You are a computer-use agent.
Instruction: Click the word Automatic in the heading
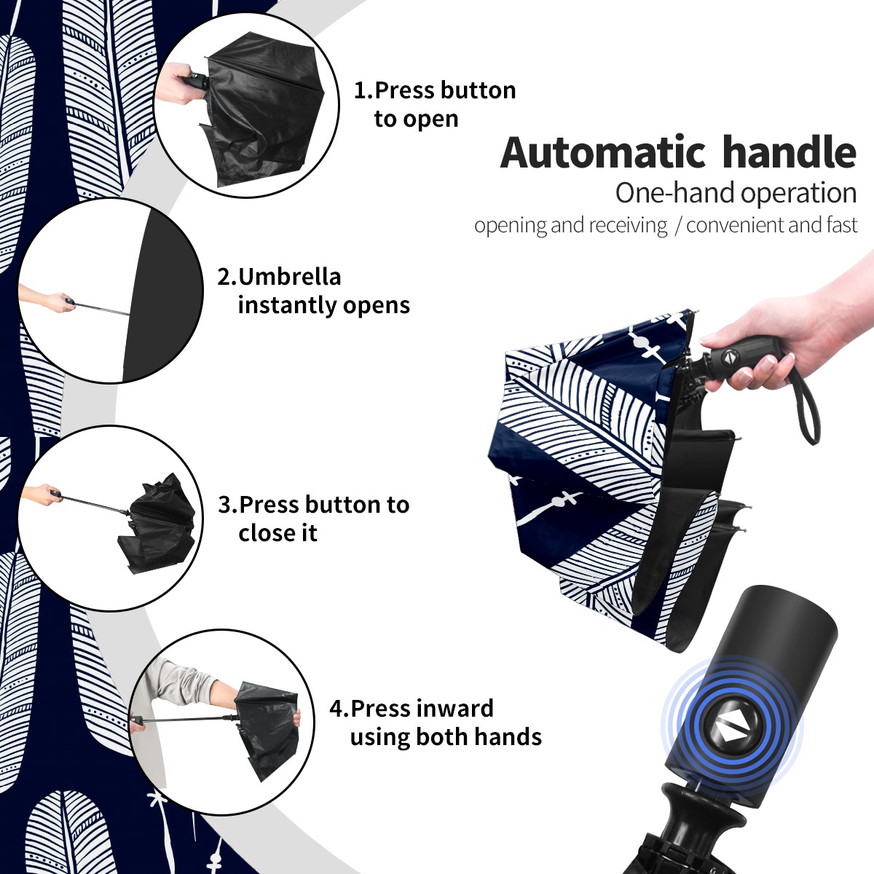point(603,153)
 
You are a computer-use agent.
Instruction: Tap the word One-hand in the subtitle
point(675,193)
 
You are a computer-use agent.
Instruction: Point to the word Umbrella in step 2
point(290,277)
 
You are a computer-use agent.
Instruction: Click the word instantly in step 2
point(288,304)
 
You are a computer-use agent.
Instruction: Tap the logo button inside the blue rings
point(731,732)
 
